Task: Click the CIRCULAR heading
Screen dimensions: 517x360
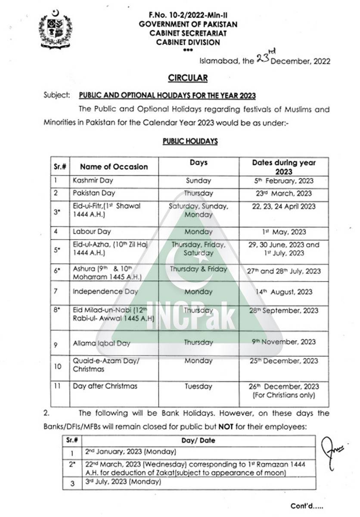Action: [187, 78]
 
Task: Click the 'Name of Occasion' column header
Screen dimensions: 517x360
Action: [114, 167]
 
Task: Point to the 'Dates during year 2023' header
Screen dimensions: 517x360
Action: [284, 167]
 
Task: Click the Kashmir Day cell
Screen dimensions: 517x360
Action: [93, 181]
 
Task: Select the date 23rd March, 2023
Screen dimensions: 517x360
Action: [284, 193]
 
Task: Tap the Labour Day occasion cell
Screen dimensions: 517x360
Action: [92, 232]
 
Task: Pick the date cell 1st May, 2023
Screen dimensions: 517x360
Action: [284, 232]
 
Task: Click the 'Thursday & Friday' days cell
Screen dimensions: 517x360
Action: [199, 269]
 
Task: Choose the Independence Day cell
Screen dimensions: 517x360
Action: [105, 292]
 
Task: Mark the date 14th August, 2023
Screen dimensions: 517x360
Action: [284, 292]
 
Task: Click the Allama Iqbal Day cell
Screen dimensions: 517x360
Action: [101, 343]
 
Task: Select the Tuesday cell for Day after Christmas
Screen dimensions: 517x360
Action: [199, 386]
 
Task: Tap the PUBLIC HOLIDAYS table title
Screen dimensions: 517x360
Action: [190, 141]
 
